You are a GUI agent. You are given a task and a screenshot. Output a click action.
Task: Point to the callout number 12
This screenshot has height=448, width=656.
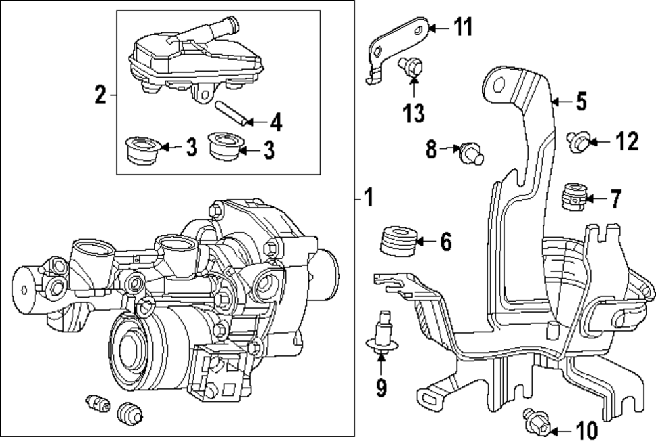click(626, 141)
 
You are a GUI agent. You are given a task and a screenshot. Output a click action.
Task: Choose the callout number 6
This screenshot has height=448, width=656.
click(445, 242)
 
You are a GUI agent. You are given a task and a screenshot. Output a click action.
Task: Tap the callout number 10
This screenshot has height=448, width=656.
click(584, 431)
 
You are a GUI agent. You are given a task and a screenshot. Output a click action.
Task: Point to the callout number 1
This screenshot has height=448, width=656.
click(368, 196)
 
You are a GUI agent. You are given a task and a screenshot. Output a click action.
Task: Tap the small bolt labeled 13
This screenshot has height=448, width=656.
click(411, 67)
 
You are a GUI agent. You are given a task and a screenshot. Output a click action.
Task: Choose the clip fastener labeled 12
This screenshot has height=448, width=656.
click(578, 140)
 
